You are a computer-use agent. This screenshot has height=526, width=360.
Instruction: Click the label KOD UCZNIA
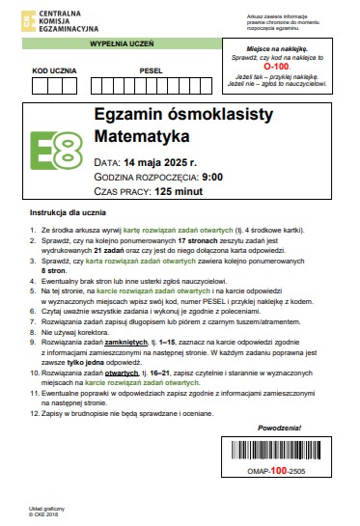pos(51,70)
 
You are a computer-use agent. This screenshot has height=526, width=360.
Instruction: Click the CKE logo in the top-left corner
pos(15,15)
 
